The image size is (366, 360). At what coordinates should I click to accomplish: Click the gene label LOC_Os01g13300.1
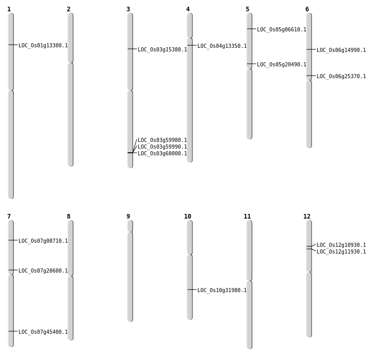(x=43, y=46)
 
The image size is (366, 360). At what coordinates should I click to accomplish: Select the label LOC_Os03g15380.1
(x=162, y=50)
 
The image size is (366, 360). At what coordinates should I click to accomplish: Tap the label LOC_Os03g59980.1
(x=162, y=140)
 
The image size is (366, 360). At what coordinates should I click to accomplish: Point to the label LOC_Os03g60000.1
(x=162, y=153)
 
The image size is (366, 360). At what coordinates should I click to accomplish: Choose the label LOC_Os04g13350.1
(x=222, y=46)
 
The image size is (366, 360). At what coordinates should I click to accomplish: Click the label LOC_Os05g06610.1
(x=282, y=30)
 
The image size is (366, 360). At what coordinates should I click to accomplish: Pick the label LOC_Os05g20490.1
(x=282, y=64)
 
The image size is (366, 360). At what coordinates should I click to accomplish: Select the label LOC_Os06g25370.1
(x=341, y=76)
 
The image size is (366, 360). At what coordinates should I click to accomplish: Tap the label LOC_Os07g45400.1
(x=43, y=332)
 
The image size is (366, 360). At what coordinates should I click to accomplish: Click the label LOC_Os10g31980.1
(x=222, y=290)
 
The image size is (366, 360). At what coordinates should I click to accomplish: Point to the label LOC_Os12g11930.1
(x=341, y=251)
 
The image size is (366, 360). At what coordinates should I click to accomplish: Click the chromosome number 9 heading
(x=128, y=217)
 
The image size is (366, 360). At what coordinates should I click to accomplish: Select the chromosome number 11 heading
(x=247, y=217)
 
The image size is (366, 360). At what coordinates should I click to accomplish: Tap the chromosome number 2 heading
(x=68, y=9)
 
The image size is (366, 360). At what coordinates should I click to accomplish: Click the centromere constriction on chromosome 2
(x=70, y=63)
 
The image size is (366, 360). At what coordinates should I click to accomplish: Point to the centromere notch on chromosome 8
(x=70, y=276)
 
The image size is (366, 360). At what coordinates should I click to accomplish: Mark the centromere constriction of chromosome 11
(x=249, y=281)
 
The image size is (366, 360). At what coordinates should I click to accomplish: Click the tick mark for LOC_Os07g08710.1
(x=13, y=240)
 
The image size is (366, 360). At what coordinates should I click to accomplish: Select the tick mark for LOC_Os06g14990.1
(x=311, y=49)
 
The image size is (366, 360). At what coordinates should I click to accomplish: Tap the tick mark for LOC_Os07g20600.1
(x=13, y=270)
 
